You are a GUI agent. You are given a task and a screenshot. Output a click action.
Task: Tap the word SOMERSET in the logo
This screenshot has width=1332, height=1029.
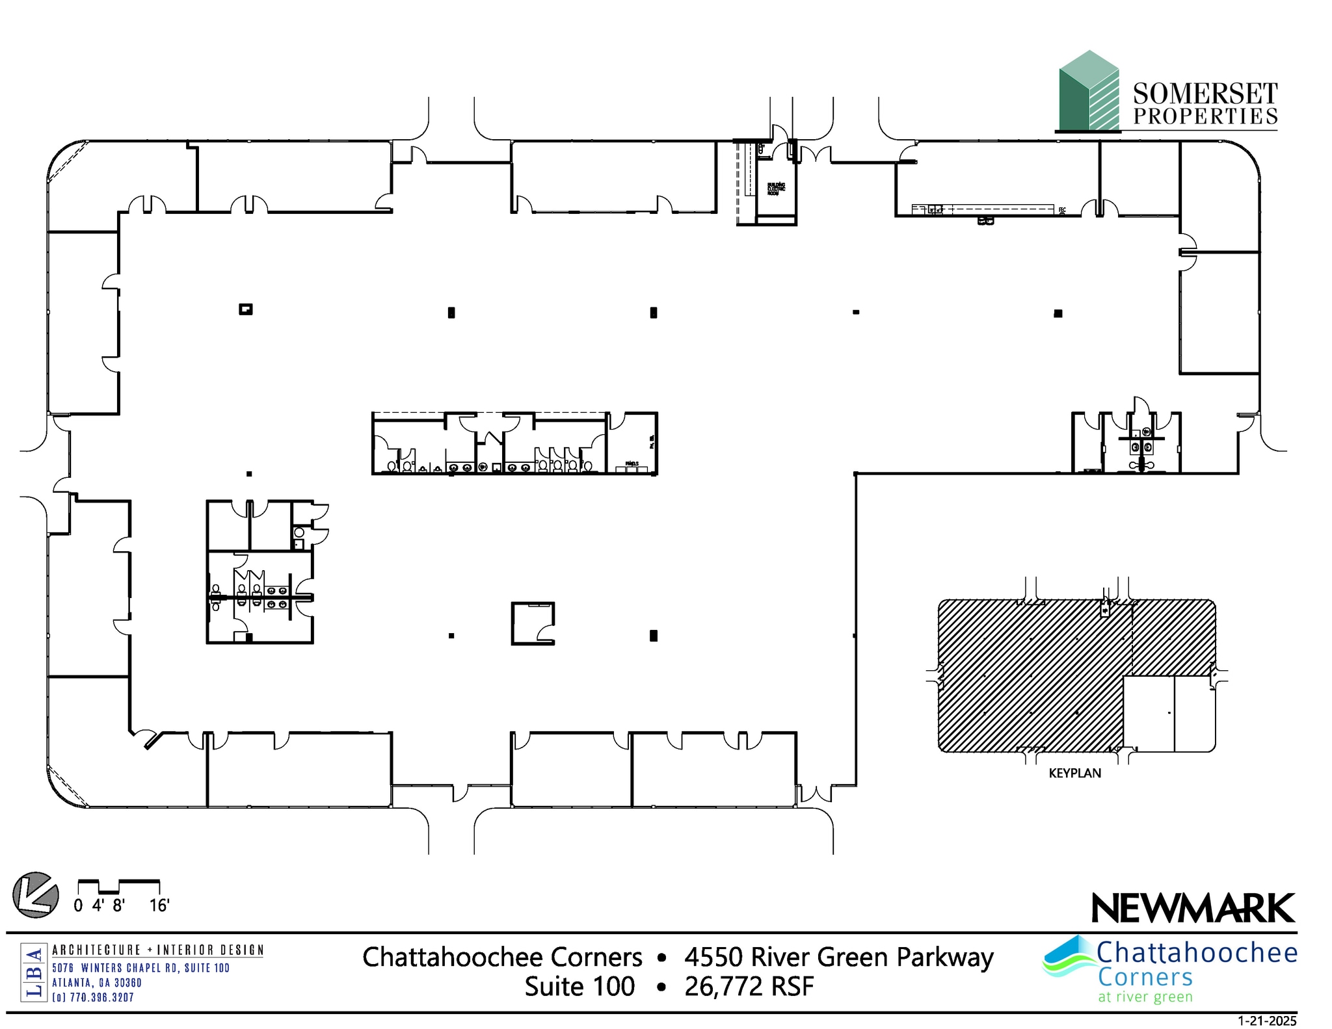1205,94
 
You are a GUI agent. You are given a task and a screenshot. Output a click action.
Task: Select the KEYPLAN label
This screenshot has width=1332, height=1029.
1074,773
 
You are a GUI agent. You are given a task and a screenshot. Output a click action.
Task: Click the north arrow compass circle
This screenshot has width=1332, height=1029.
36,895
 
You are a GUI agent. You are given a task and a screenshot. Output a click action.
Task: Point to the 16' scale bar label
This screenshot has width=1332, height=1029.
159,905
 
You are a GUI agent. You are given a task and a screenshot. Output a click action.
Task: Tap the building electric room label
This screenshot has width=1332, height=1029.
776,189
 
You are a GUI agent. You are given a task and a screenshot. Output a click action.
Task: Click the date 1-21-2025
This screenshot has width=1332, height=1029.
1267,1021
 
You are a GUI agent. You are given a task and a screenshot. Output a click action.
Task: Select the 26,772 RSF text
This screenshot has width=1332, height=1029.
749,987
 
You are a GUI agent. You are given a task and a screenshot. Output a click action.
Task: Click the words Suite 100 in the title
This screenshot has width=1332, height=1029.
579,987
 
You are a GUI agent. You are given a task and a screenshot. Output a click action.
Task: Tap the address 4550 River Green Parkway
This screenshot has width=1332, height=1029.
839,957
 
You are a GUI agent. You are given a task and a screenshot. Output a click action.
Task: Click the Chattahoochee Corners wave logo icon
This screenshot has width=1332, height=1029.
1069,957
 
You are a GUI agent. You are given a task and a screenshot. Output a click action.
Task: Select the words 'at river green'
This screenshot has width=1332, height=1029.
1145,996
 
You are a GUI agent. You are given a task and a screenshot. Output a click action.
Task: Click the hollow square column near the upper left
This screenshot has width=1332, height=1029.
245,309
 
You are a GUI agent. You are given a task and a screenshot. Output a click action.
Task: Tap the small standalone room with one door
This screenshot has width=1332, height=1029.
533,623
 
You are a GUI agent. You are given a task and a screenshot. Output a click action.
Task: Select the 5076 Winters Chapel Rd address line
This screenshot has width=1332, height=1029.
141,968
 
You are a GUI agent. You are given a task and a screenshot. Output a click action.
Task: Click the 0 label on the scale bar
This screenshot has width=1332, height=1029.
78,905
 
